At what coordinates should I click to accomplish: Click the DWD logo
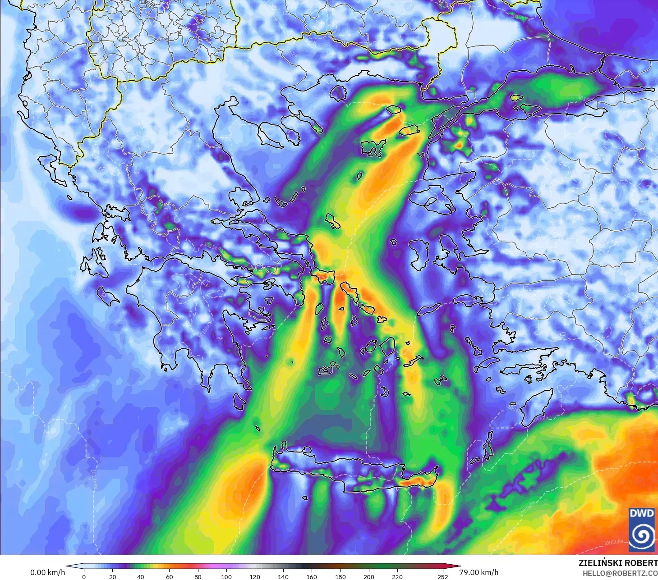coord(641,529)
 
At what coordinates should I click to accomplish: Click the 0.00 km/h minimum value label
coord(47,572)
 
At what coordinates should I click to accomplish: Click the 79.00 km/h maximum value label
coord(479,572)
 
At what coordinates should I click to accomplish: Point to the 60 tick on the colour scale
coord(169,576)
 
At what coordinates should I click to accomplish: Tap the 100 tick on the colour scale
coord(226,576)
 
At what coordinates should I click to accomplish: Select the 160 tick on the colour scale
coord(312,576)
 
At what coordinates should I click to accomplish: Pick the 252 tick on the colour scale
coord(443,576)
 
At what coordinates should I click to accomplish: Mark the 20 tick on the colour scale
coord(112,576)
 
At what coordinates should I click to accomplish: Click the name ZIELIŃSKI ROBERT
coord(618,563)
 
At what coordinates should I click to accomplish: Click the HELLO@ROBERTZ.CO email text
coord(620,573)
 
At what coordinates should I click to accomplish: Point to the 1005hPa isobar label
coord(613,542)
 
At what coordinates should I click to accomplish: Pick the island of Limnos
coord(373,147)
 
